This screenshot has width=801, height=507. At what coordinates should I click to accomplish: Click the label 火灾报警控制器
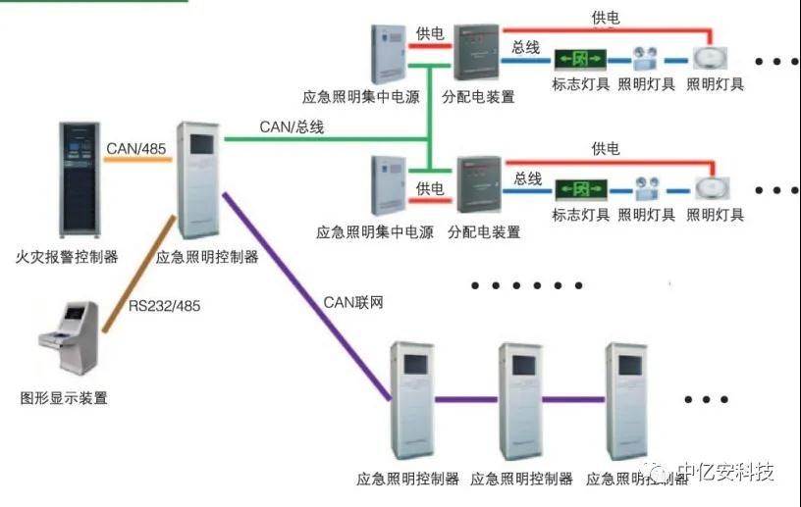pos(68,257)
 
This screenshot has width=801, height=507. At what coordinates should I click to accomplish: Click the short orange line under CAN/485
pos(137,161)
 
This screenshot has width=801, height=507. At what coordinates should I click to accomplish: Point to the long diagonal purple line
pos(304,294)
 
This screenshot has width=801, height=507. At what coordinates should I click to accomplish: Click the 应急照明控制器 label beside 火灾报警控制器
pos(207,257)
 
